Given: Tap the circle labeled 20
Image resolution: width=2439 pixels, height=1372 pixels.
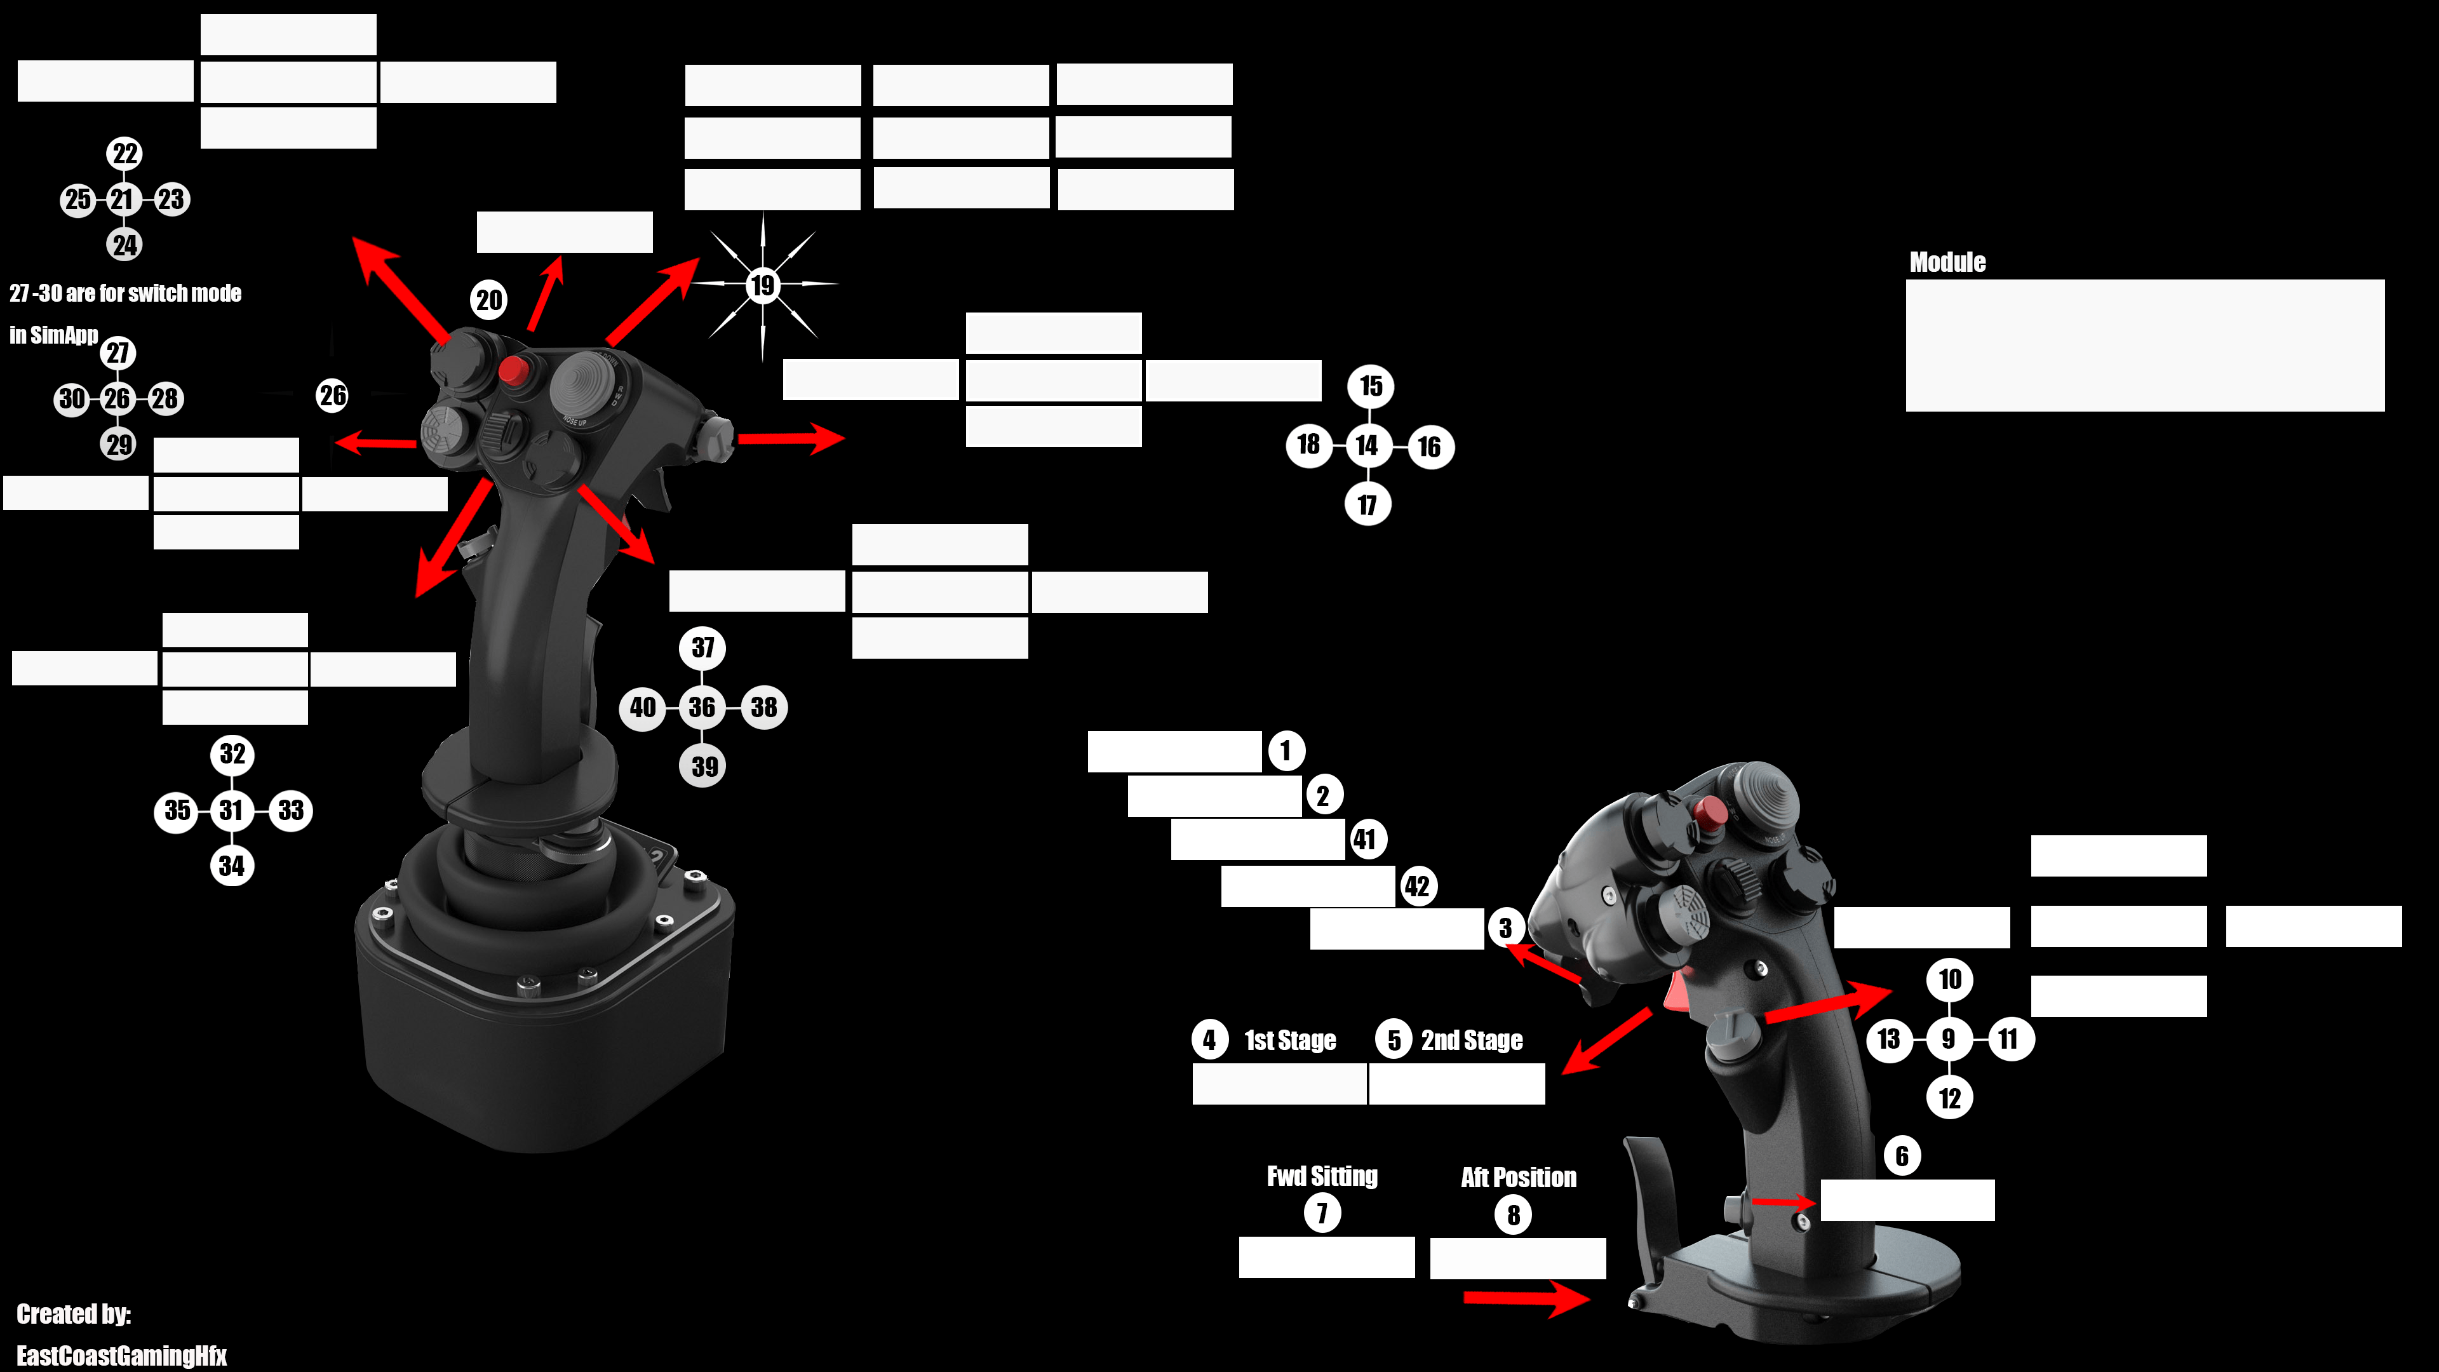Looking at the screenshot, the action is (488, 300).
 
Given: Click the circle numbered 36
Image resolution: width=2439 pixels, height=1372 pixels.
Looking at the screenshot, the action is (702, 708).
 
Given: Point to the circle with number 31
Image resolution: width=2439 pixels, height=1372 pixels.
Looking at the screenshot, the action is (232, 810).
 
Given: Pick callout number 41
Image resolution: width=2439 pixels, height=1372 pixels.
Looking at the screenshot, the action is (1364, 839).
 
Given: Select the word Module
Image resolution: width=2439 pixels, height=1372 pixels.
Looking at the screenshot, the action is (1947, 262).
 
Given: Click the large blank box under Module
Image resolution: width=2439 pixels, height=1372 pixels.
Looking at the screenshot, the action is (2144, 345).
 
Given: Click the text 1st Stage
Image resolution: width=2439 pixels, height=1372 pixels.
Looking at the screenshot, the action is (1289, 1040).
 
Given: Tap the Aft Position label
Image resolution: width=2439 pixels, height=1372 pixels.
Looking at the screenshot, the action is (1519, 1177).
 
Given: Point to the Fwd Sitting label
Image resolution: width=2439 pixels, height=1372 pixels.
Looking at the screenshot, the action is (1322, 1176).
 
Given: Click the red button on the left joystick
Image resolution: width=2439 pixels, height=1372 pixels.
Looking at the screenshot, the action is (513, 370).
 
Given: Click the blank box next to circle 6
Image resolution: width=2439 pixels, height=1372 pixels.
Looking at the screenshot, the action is (1907, 1200).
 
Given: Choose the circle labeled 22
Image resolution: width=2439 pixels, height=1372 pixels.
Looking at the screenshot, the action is (125, 153).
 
